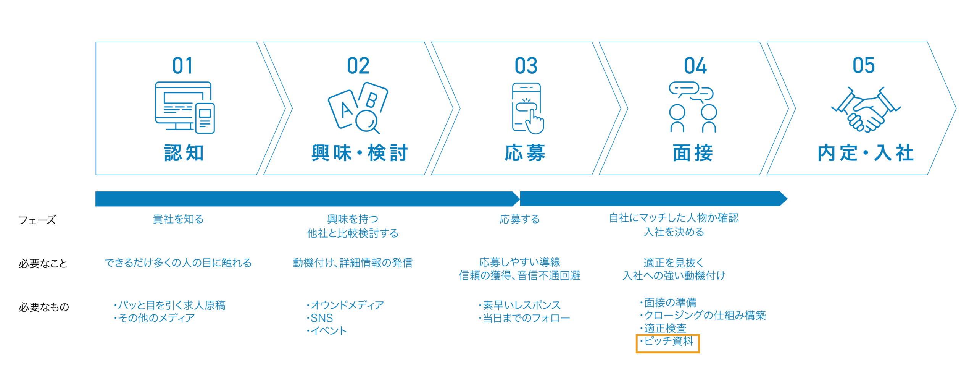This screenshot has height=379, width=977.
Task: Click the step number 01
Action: pyautogui.click(x=182, y=66)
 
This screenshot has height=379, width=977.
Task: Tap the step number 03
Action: pyautogui.click(x=526, y=66)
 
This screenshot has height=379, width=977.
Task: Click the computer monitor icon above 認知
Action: pyautogui.click(x=185, y=107)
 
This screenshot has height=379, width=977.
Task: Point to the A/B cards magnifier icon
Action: pyautogui.click(x=358, y=108)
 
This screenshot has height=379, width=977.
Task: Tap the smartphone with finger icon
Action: pyautogui.click(x=527, y=108)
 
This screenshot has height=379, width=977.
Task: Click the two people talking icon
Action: pyautogui.click(x=693, y=107)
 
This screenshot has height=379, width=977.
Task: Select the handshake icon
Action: pyautogui.click(x=866, y=110)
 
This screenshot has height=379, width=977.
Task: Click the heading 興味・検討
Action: pyautogui.click(x=360, y=153)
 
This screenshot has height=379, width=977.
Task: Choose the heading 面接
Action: pyautogui.click(x=693, y=153)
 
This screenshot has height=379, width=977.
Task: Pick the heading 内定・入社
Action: pyautogui.click(x=866, y=153)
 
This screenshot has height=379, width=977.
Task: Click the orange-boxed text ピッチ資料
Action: pyautogui.click(x=668, y=342)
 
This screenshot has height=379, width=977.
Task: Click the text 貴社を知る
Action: pyautogui.click(x=178, y=219)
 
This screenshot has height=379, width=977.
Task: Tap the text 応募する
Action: pyautogui.click(x=519, y=219)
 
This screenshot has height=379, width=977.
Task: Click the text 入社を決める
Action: pyautogui.click(x=674, y=232)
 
